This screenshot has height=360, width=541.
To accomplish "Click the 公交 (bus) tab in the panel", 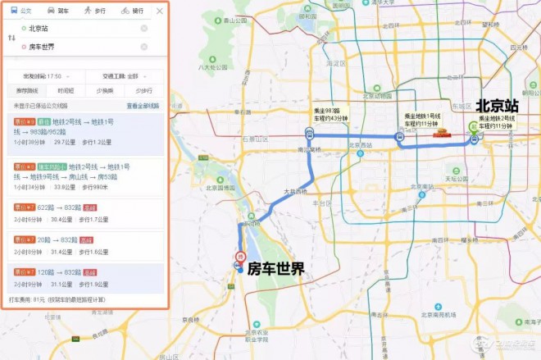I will (24, 11).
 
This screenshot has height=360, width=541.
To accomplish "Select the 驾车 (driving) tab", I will (59, 11).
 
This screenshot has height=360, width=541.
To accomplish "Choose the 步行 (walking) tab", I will (95, 11).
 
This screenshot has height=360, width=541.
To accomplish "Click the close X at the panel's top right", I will (159, 11).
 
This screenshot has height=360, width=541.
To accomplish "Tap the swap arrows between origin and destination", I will (11, 38).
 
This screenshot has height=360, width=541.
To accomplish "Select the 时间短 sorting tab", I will (66, 90).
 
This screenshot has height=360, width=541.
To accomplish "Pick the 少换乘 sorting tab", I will (104, 90).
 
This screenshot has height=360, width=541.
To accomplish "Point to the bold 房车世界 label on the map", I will (276, 268).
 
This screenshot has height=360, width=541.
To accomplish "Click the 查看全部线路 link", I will (144, 106).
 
